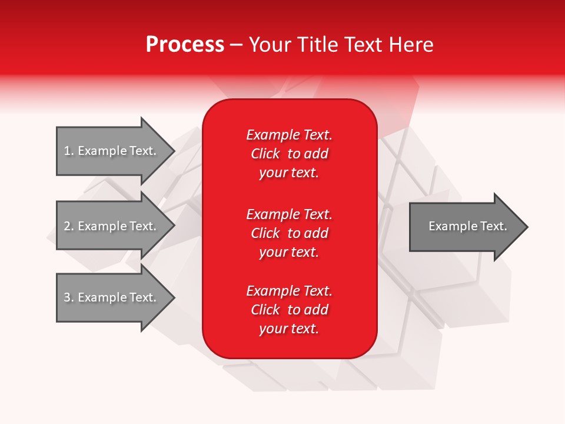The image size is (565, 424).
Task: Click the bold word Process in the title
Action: (x=185, y=45)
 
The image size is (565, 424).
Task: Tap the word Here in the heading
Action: (x=411, y=45)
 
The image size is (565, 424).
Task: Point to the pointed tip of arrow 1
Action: (x=173, y=151)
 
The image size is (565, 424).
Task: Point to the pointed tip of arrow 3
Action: (x=173, y=297)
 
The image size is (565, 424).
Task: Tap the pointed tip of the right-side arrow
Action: (x=526, y=227)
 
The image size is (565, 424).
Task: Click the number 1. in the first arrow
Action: (x=68, y=151)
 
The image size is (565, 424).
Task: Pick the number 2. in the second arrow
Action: (x=68, y=226)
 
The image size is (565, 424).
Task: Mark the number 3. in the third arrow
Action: (x=68, y=297)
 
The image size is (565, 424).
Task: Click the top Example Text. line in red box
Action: (x=289, y=135)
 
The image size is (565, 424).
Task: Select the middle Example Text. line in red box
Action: (x=289, y=214)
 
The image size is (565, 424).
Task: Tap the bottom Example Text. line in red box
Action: (x=289, y=291)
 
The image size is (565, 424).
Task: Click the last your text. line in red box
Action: (x=289, y=329)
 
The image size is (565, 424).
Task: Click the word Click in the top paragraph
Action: (x=265, y=154)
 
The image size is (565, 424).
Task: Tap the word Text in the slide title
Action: (x=364, y=45)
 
